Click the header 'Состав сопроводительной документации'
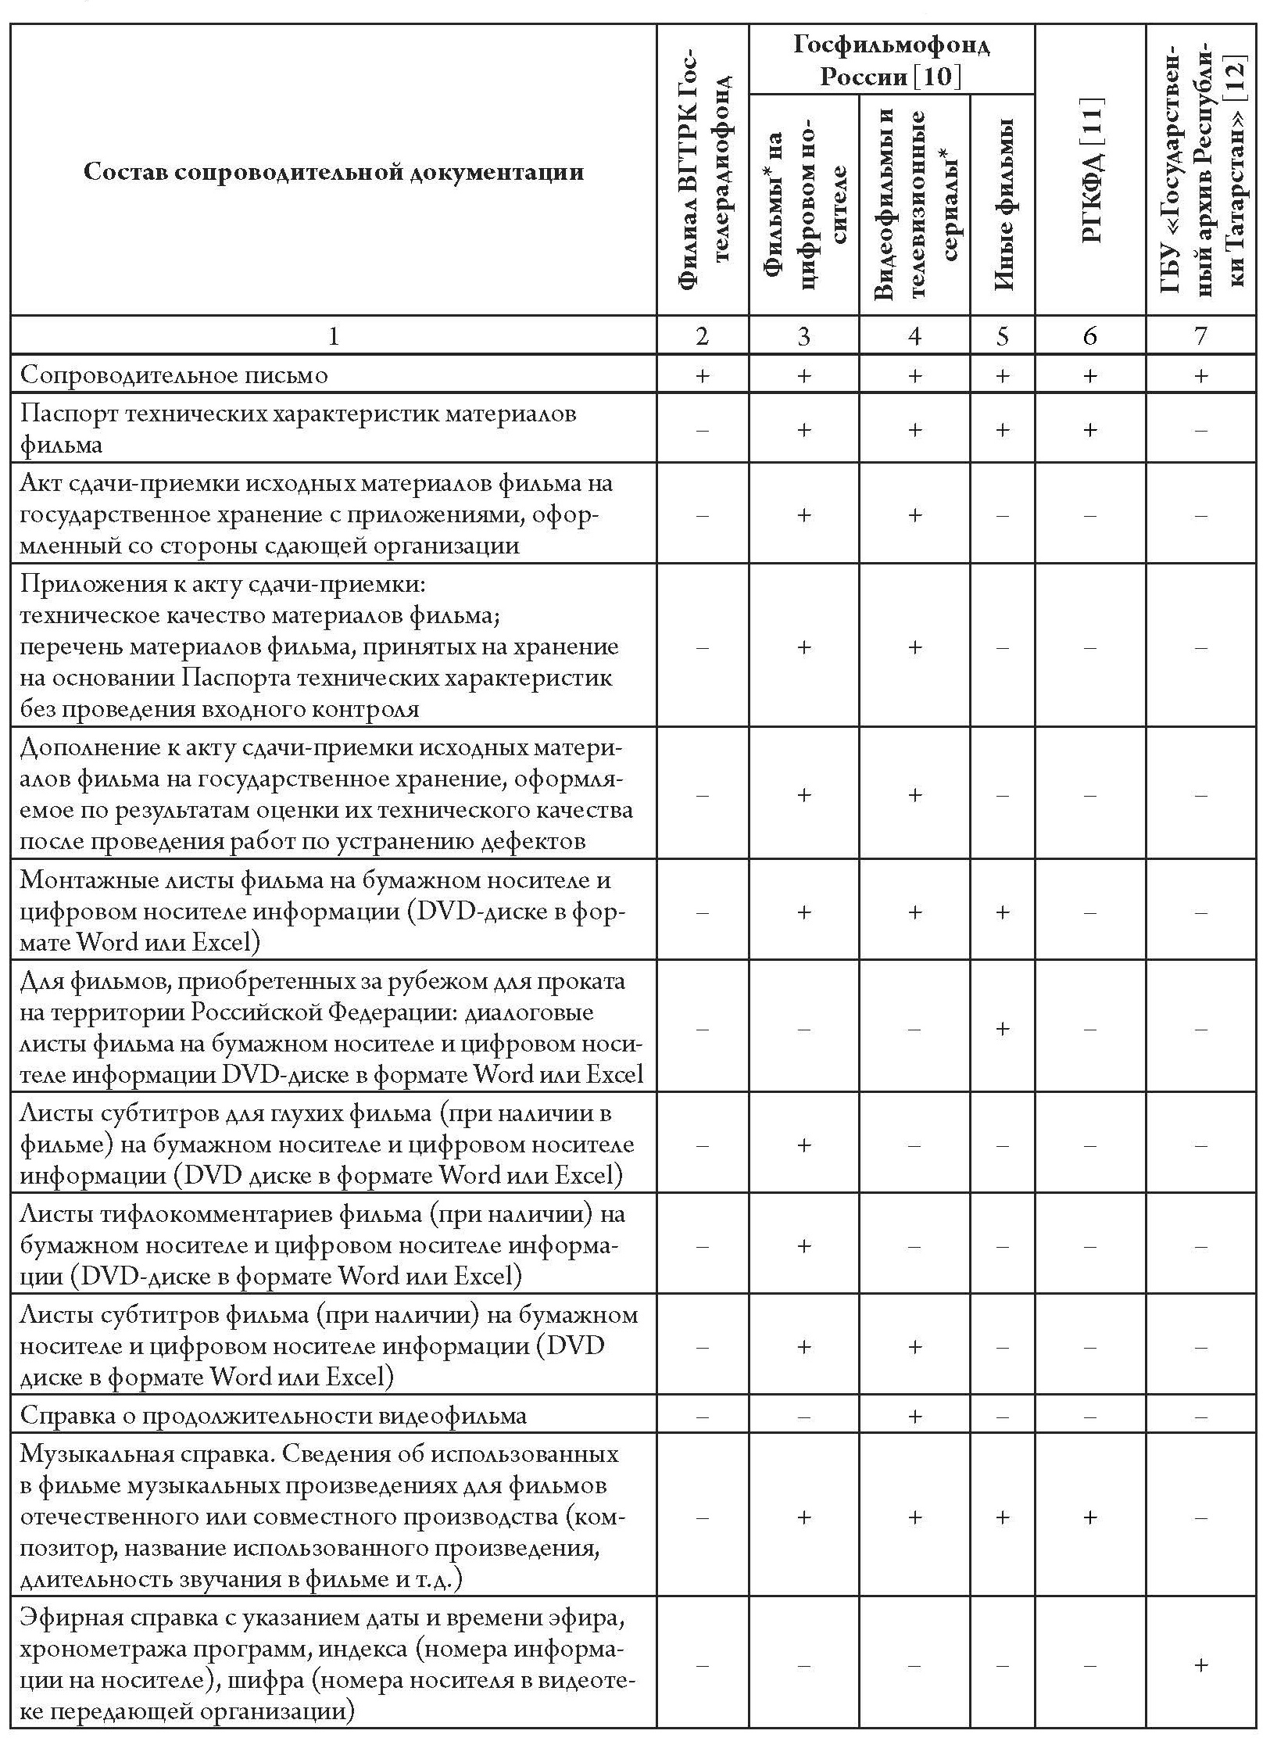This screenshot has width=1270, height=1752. pos(334,172)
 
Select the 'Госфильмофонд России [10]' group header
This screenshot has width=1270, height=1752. pos(891,59)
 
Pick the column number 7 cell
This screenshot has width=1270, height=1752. pos(1200,335)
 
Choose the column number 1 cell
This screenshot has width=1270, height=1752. pos(334,335)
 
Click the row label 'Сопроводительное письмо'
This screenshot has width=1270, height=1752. pos(174,374)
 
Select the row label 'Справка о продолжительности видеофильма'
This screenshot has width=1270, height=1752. pos(273,1415)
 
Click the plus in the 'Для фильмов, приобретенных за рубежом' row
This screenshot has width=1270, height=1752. pos(1003,1029)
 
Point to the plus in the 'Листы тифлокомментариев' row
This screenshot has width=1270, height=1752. pos(804,1245)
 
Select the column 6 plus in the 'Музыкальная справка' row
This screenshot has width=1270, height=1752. pos(1090,1517)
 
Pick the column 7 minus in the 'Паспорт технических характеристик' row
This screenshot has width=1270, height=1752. pos(1201,430)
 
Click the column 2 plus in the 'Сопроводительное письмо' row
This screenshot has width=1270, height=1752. pos(703,376)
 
